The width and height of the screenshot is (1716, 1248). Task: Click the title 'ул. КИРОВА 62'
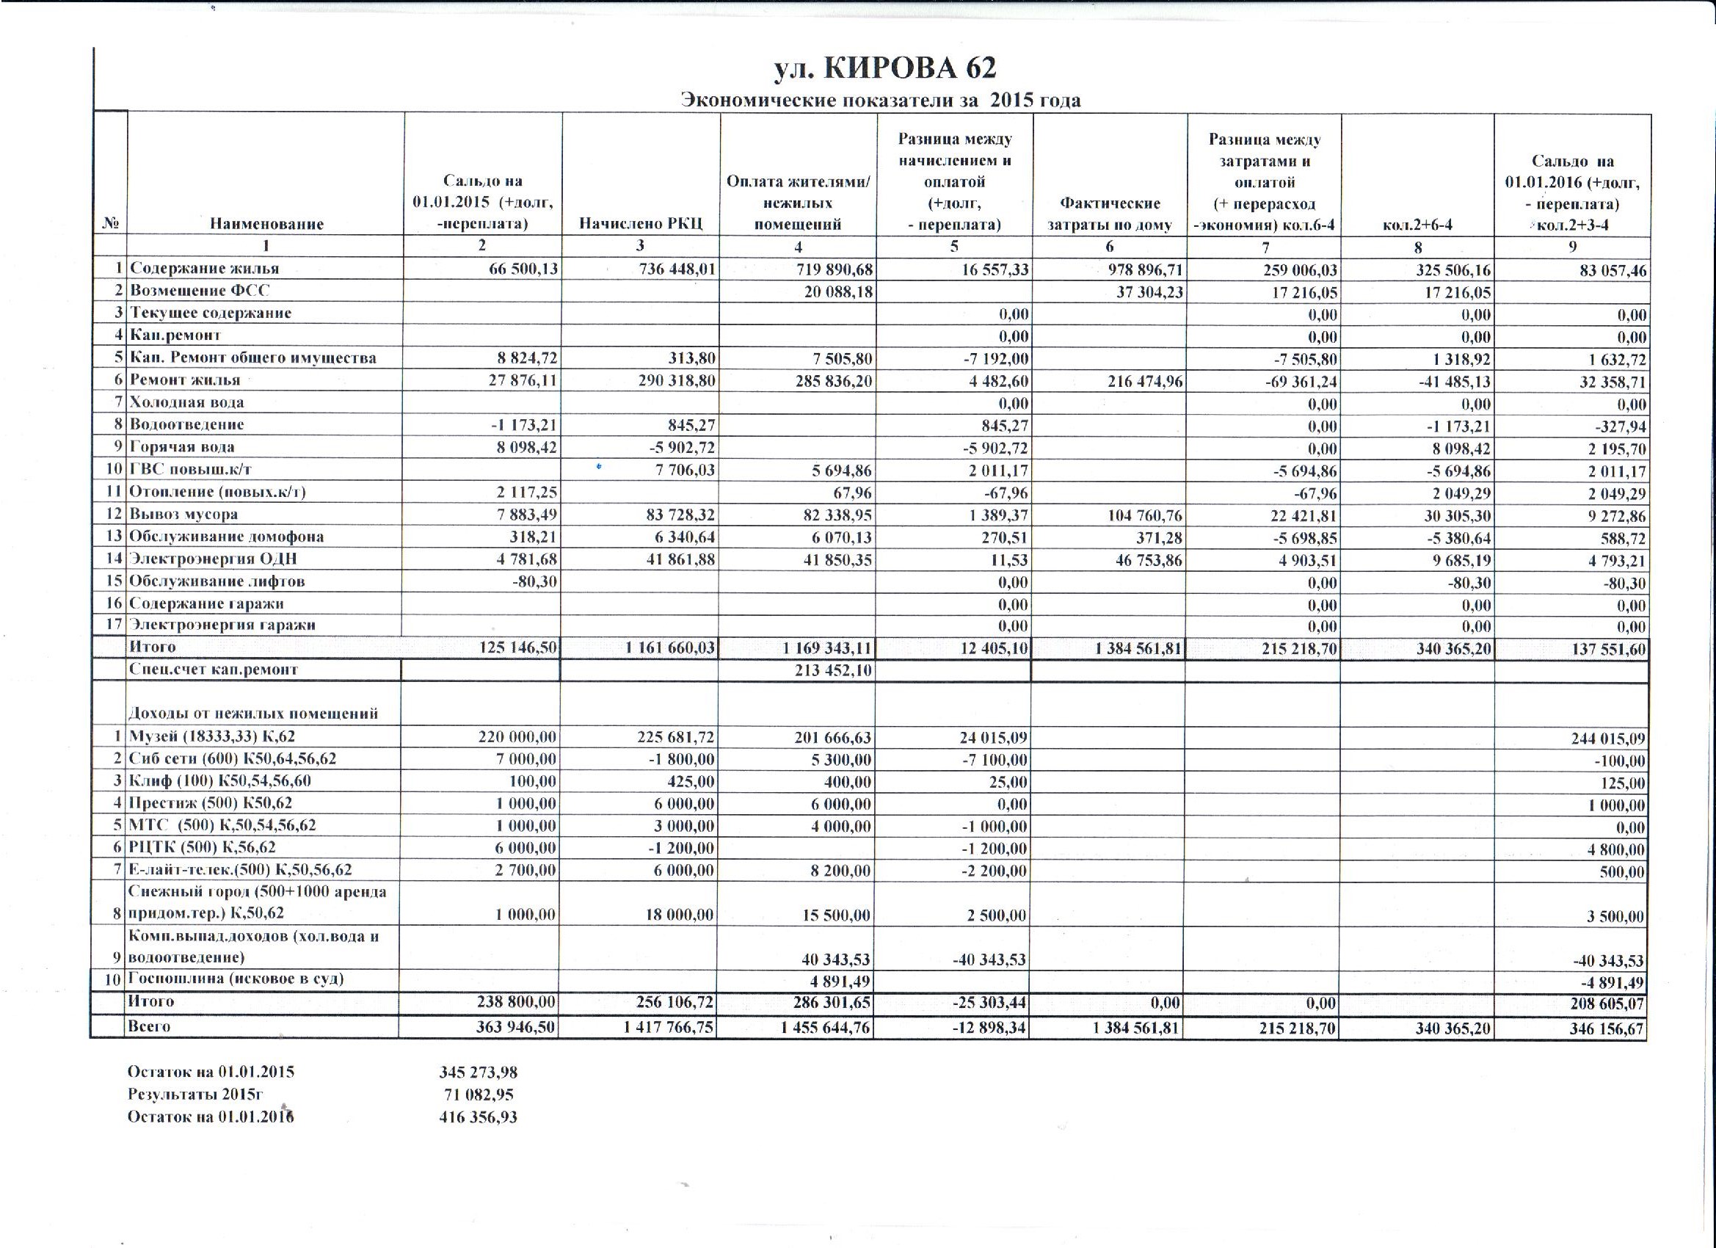884,68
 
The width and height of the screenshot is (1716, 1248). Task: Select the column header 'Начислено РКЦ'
641,223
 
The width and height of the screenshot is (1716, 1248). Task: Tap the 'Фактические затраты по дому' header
1109,214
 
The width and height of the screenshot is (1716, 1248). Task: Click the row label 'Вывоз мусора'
183,515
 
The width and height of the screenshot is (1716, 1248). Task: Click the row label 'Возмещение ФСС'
200,291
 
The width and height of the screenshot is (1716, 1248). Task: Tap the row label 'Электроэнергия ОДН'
214,559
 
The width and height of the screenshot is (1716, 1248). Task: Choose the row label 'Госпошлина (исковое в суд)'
236,979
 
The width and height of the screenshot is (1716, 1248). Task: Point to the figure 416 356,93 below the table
479,1117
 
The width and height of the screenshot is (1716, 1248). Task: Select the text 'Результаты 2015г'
195,1095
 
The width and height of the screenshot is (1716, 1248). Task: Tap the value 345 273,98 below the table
479,1073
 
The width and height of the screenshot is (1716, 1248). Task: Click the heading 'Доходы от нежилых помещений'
253,714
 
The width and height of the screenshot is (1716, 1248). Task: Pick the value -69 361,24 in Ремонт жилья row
1301,382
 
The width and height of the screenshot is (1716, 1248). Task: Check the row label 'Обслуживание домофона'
227,537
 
